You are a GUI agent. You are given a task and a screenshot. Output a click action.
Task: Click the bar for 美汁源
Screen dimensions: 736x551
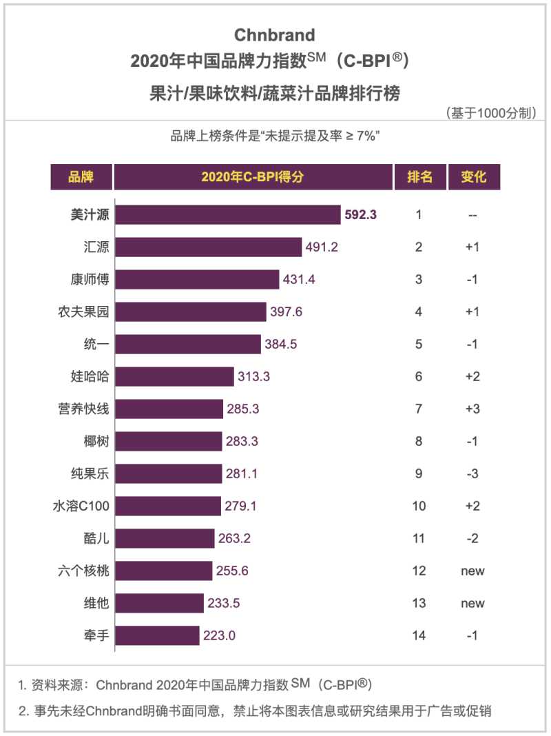tap(228, 214)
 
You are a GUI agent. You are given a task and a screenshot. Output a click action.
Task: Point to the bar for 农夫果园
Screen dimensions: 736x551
tap(191, 311)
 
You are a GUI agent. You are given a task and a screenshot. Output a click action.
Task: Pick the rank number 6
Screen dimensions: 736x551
tap(419, 376)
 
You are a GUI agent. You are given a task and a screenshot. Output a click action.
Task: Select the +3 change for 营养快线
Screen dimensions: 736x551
tap(472, 409)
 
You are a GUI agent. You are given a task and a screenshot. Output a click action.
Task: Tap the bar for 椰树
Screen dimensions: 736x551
tap(169, 441)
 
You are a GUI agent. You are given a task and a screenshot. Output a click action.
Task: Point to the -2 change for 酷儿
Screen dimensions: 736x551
tap(472, 538)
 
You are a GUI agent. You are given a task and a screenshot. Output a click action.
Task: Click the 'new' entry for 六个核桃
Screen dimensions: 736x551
tap(472, 571)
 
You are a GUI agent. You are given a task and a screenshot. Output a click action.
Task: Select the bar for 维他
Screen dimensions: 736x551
tap(160, 603)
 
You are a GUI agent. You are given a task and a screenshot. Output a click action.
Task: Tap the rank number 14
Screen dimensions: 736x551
tap(419, 635)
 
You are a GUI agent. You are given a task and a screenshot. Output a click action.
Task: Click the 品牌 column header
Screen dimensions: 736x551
tap(81, 176)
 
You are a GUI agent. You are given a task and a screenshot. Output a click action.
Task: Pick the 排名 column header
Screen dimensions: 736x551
tap(419, 176)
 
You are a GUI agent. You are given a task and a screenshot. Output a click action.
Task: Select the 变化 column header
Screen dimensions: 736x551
tap(473, 176)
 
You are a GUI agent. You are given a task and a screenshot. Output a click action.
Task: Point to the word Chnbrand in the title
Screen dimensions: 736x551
tap(274, 34)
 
